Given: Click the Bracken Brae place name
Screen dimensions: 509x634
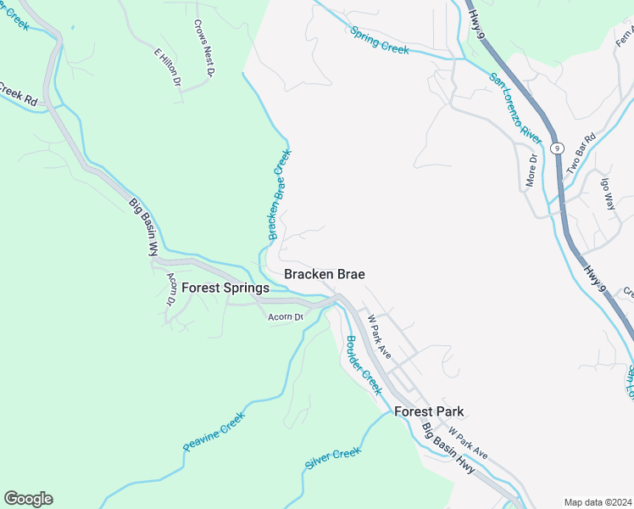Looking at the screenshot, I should [x=325, y=274].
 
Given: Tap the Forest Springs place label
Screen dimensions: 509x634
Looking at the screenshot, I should [x=225, y=288].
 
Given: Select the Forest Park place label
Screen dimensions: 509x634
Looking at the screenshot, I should [x=429, y=411].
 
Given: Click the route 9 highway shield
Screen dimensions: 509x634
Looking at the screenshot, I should [x=557, y=148].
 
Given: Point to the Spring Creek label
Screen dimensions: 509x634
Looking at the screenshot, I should [x=380, y=40].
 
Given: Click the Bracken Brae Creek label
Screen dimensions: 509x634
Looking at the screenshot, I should [x=280, y=196].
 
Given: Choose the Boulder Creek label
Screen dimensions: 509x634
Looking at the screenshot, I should [x=362, y=366].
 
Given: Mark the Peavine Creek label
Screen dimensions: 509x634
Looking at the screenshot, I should [x=214, y=432].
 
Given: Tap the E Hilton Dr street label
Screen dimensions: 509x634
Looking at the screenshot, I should [x=168, y=67].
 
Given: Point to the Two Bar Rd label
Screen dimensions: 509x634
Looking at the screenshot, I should [x=581, y=150].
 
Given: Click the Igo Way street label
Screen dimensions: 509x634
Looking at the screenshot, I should [x=607, y=193].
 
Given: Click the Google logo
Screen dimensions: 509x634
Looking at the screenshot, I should [x=28, y=499].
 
